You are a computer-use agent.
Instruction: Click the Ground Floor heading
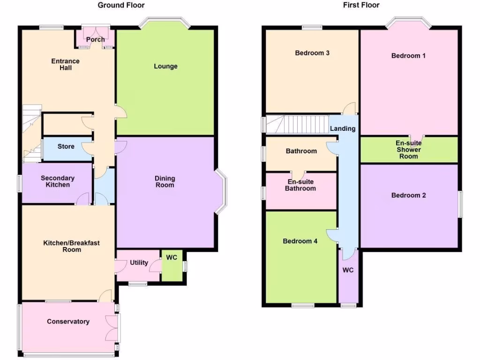pos(121,5)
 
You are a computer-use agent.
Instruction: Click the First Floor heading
pos(361,5)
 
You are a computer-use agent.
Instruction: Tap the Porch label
pos(96,39)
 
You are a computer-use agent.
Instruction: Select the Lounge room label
pos(166,67)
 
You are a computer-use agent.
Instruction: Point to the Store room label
pos(66,146)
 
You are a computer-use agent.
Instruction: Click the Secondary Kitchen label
pos(58,181)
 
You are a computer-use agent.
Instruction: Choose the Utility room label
pos(139,262)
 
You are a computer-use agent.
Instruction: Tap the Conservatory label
pos(68,322)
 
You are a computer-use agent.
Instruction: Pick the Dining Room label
pos(165,181)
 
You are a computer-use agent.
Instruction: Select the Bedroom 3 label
pos(312,53)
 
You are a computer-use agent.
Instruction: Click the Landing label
pos(343,128)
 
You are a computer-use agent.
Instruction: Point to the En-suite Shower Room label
pos(408,150)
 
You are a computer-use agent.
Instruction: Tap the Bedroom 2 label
pos(409,195)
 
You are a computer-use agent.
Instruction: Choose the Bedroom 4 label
pos(300,241)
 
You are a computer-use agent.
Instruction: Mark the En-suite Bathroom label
pos(301,185)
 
